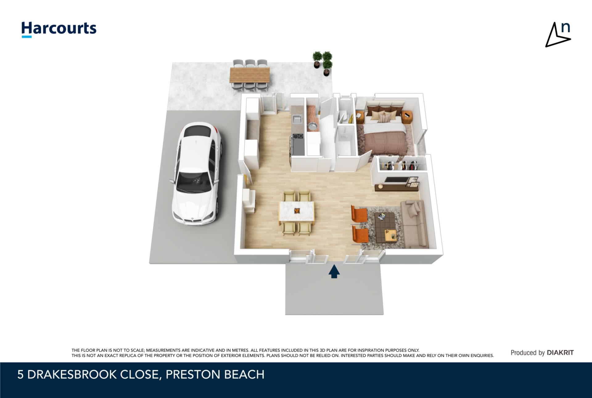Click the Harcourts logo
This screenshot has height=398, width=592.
59,30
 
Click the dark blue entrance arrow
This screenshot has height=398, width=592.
334,272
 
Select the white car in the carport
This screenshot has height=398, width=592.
197,173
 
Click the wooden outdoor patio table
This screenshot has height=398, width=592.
250,75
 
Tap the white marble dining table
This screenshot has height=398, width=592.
297,211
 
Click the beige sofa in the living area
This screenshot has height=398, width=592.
414,224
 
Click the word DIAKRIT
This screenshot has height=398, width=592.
560,353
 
